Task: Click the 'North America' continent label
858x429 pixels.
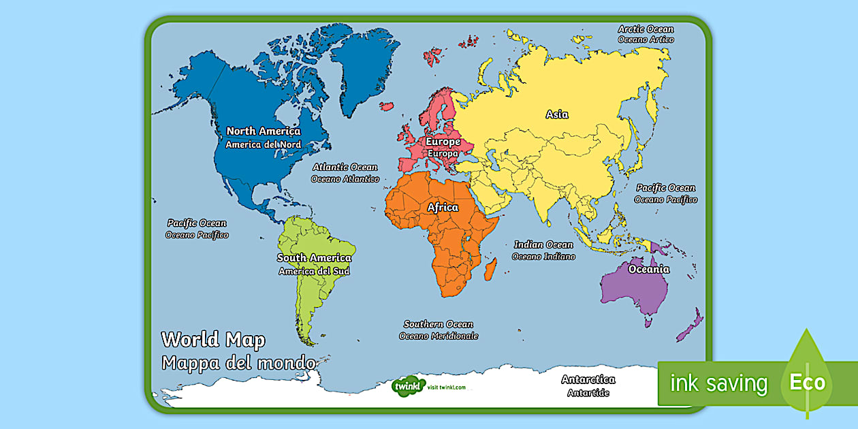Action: [263, 131]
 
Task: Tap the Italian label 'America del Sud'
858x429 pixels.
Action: [314, 271]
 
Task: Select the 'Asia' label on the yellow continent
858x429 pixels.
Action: [556, 114]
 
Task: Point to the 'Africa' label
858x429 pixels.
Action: [443, 207]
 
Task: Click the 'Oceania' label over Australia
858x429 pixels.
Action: [648, 269]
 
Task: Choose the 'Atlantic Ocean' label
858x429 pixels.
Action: [345, 167]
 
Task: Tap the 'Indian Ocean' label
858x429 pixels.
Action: [543, 244]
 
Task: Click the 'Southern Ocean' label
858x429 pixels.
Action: [438, 324]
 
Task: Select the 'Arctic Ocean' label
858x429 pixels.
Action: [646, 29]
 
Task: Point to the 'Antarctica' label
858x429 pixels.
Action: [588, 379]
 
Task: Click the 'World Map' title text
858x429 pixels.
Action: [213, 339]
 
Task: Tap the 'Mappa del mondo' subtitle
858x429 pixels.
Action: [238, 362]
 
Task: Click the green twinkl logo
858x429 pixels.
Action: [409, 386]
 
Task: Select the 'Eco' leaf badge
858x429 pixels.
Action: [807, 382]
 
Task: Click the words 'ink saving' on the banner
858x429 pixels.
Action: [718, 383]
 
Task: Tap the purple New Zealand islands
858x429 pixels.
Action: [690, 325]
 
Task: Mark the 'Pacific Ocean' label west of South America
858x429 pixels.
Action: [197, 223]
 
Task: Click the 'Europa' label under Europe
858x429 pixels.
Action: [443, 154]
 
